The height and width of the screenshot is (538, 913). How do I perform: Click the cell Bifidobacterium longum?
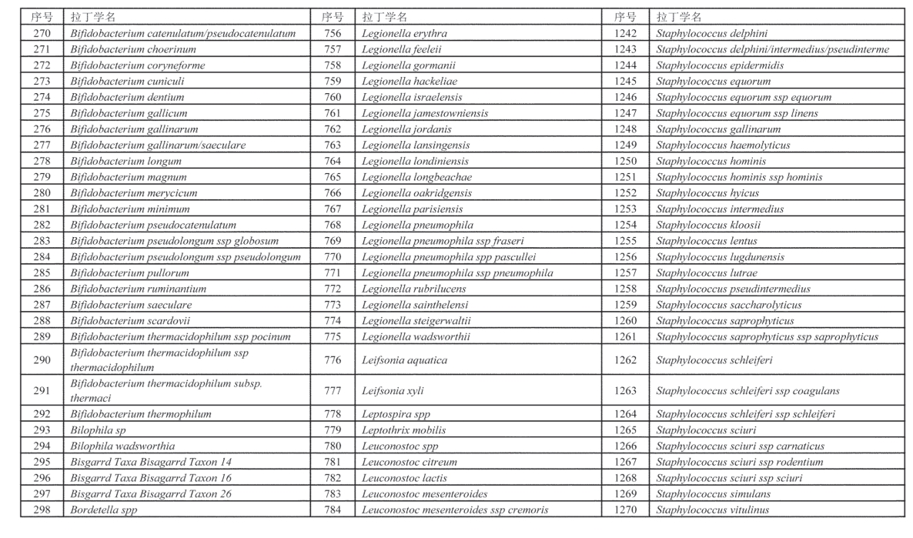pyautogui.click(x=126, y=161)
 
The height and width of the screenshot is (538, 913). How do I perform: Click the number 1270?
pyautogui.click(x=626, y=510)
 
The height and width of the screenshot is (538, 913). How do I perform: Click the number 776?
pyautogui.click(x=333, y=359)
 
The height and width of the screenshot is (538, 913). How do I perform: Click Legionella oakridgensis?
pyautogui.click(x=416, y=193)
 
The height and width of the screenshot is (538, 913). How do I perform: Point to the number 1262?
pyautogui.click(x=626, y=359)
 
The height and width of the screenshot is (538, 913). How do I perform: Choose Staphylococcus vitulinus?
pyautogui.click(x=712, y=510)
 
